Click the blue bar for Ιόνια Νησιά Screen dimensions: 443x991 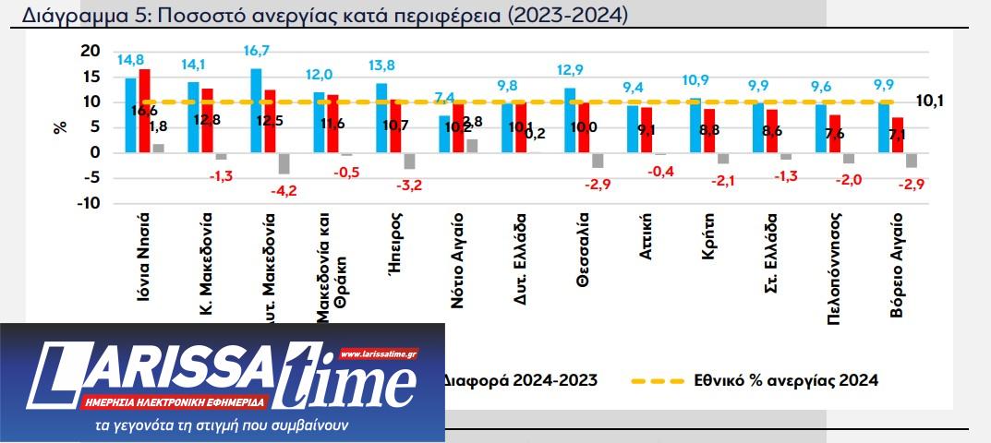point(131,114)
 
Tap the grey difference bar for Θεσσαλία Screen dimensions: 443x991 point(598,160)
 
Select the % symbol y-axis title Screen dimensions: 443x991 point(61,126)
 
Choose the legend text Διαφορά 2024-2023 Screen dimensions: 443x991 point(521,379)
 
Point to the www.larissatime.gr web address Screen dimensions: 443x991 point(379,353)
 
